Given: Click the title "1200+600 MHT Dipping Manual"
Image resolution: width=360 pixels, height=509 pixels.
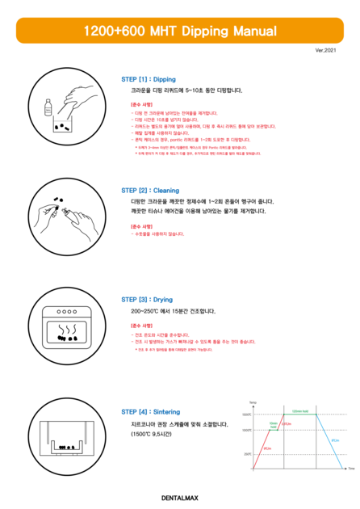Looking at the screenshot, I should pyautogui.click(x=180, y=31).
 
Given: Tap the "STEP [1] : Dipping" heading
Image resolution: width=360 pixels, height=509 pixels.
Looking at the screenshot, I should pyautogui.click(x=149, y=80).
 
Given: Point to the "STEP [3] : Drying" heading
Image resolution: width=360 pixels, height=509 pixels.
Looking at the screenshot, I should pyautogui.click(x=147, y=299).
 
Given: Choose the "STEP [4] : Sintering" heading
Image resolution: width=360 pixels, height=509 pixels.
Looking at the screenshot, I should pyautogui.click(x=151, y=411).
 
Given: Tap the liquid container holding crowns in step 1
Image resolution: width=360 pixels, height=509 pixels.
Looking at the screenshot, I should pyautogui.click(x=61, y=125).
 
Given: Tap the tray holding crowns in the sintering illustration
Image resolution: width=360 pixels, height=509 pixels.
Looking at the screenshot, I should pyautogui.click(x=65, y=444).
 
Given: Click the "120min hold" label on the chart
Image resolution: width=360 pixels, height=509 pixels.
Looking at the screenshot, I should pyautogui.click(x=298, y=410).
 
